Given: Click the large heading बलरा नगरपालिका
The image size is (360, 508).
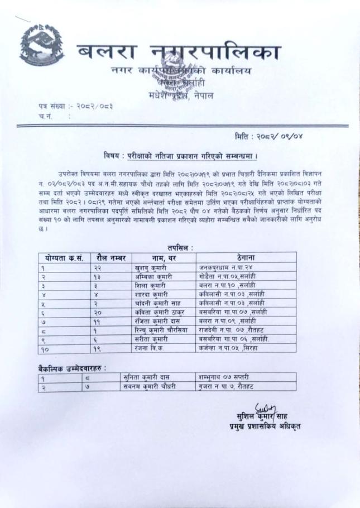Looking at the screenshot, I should click(x=179, y=55).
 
